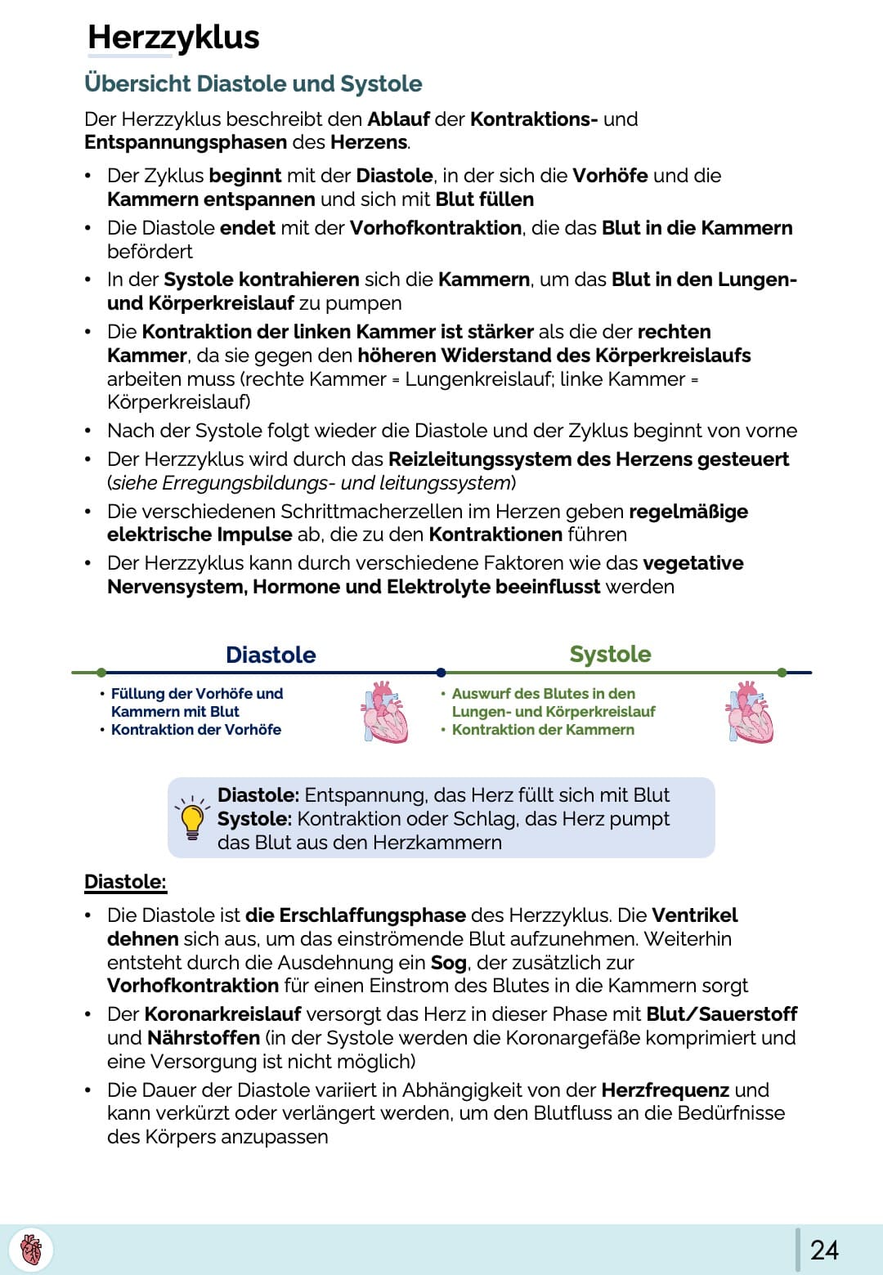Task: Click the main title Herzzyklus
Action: pyautogui.click(x=173, y=38)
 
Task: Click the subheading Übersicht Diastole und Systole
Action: pyautogui.click(x=253, y=83)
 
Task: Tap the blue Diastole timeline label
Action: pyautogui.click(x=271, y=655)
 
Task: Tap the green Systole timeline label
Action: pyautogui.click(x=610, y=654)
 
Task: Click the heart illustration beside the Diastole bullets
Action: pyautogui.click(x=385, y=712)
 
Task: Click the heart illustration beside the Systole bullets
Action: pyautogui.click(x=750, y=712)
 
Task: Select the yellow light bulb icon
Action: pyautogui.click(x=192, y=818)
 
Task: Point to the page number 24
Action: pyautogui.click(x=824, y=1250)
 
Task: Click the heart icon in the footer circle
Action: pyautogui.click(x=31, y=1250)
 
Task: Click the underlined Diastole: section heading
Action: pyautogui.click(x=125, y=882)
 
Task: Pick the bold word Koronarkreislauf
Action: pyautogui.click(x=222, y=1014)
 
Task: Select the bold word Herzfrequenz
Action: pyautogui.click(x=665, y=1090)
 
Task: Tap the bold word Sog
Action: pyautogui.click(x=449, y=963)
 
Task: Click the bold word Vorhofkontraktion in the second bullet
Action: pyautogui.click(x=436, y=228)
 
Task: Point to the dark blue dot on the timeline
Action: pyautogui.click(x=441, y=673)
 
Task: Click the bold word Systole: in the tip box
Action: pyautogui.click(x=254, y=819)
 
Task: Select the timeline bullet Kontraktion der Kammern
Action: pyautogui.click(x=543, y=730)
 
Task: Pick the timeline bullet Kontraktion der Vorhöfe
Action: pyautogui.click(x=196, y=730)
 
